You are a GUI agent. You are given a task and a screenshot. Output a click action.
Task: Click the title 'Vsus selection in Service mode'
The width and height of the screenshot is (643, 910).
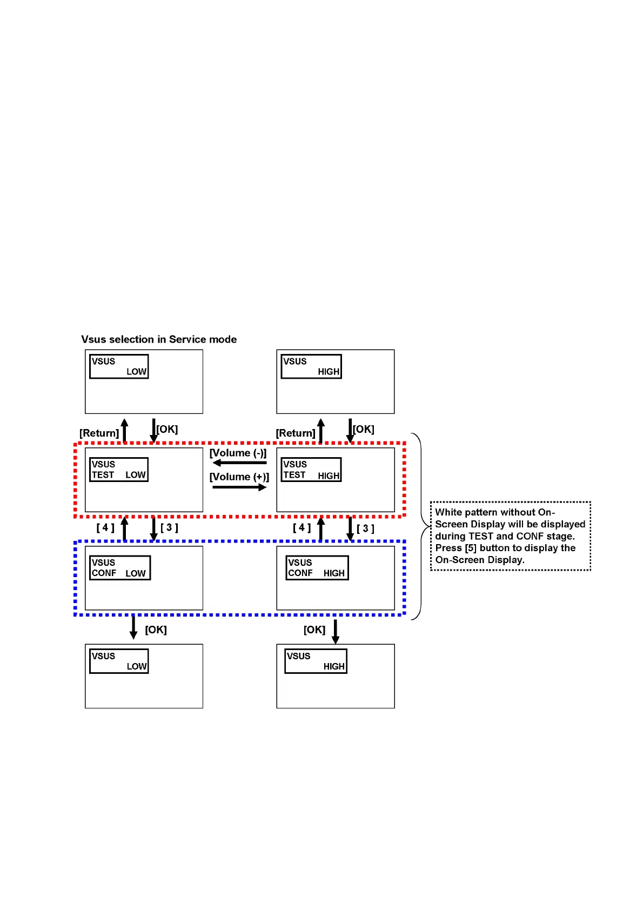pos(159,339)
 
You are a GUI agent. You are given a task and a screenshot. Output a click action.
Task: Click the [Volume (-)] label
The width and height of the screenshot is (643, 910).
pos(238,453)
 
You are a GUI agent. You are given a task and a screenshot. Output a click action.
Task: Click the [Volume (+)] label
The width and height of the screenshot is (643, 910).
pos(239,477)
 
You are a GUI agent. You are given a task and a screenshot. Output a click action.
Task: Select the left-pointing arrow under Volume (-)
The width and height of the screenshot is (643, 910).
pos(239,463)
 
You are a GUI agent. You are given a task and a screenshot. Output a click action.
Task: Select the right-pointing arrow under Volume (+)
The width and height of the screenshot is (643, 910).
pos(239,487)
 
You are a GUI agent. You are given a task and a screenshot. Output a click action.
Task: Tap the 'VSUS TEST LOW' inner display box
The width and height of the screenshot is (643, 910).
pos(118,470)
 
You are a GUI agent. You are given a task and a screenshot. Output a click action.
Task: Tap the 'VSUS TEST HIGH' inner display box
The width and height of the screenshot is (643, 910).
pos(311,470)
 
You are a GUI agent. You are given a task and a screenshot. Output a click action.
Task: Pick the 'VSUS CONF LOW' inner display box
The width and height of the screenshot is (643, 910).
pos(119,568)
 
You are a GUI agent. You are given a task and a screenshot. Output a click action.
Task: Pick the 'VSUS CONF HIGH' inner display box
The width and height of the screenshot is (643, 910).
pos(317,568)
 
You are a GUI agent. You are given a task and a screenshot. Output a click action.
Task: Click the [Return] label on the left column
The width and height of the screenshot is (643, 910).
pos(99,433)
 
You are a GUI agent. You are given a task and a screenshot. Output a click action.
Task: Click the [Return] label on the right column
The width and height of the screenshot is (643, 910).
pos(295,433)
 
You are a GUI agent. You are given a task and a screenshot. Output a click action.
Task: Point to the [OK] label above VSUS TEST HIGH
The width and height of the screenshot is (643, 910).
pos(363,429)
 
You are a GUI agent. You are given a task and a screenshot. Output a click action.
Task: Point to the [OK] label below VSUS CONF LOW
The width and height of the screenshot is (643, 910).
pos(156,630)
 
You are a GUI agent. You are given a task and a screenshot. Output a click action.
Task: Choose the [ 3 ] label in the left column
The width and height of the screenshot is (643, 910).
pos(169,527)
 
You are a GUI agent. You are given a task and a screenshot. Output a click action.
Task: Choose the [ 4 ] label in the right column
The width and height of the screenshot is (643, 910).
pos(302,527)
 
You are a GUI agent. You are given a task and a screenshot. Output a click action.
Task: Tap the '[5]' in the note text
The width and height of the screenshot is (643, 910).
pos(471,548)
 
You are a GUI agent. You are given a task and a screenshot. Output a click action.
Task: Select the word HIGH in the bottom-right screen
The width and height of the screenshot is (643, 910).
pos(334,666)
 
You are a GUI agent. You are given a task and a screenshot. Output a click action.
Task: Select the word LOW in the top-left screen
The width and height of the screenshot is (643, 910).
pos(136,372)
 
